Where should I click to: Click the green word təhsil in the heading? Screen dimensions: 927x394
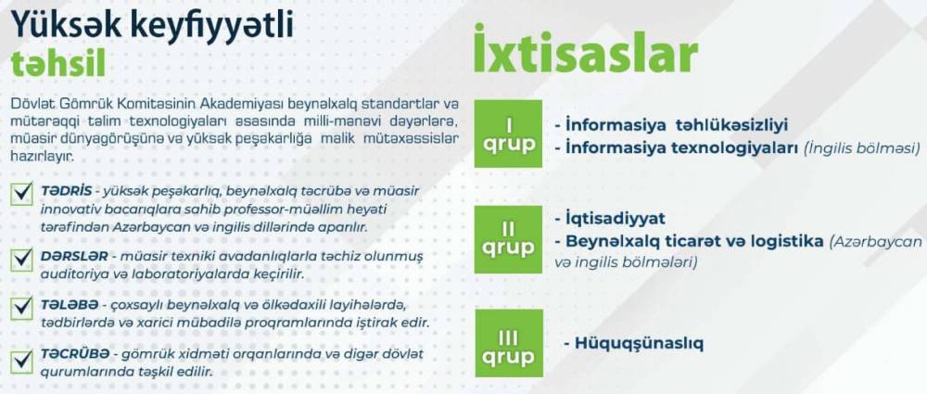point(57,65)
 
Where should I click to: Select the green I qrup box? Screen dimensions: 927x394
point(508,133)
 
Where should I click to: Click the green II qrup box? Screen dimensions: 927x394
point(508,239)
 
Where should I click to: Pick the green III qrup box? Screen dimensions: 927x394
point(508,346)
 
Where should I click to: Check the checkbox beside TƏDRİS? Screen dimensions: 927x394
point(22,194)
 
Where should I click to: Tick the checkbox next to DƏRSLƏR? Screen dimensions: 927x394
point(22,258)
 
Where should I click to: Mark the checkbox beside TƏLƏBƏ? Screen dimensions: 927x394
point(22,307)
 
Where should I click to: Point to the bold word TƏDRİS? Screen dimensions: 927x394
point(66,192)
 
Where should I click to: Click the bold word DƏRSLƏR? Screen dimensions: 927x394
point(74,257)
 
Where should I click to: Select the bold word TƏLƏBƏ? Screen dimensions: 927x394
point(67,305)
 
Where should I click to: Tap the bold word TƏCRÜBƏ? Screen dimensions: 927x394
point(75,354)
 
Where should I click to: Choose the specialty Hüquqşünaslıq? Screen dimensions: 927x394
point(639,344)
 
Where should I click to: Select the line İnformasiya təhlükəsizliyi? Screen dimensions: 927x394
point(677,125)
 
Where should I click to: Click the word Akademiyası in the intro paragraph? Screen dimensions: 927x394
point(235,104)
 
